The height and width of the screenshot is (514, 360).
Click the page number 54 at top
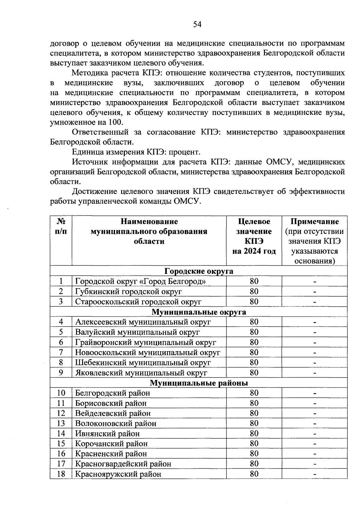[197, 24]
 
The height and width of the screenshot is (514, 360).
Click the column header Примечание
[314, 222]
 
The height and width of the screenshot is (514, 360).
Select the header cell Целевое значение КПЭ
[254, 236]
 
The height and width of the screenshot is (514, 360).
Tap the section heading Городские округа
[199, 271]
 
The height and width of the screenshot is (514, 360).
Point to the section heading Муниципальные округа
[199, 312]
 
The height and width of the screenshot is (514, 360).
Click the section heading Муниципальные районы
[199, 383]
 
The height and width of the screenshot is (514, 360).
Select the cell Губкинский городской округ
[128, 291]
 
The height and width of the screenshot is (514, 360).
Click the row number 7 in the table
[61, 352]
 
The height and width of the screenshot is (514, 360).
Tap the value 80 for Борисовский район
[254, 403]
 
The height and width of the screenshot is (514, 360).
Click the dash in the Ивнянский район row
[314, 434]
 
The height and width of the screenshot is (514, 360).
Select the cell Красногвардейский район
[123, 464]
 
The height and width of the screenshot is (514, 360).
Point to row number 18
[61, 474]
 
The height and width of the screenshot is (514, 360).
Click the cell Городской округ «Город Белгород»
[140, 281]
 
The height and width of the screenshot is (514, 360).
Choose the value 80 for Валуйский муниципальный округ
[254, 332]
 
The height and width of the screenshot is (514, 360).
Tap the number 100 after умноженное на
[115, 122]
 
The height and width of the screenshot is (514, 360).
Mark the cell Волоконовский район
[115, 423]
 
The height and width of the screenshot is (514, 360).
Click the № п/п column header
[61, 226]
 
